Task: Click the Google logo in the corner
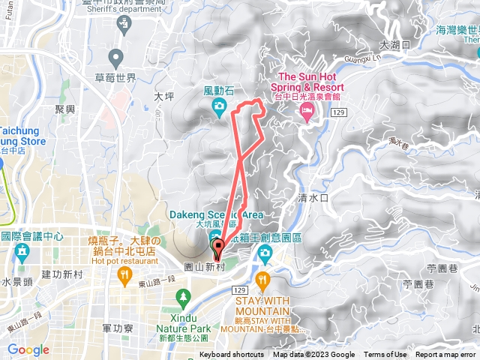click(x=28, y=349)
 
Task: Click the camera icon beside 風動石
click(x=218, y=108)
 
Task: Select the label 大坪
click(x=163, y=97)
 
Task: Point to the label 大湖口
click(x=394, y=45)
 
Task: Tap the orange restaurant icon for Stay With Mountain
click(x=262, y=281)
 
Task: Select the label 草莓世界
click(x=115, y=78)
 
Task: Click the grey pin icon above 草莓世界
click(x=115, y=57)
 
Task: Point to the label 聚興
click(x=65, y=109)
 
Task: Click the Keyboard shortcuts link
click(x=232, y=355)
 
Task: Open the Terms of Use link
click(x=385, y=355)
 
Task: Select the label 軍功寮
click(x=117, y=328)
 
